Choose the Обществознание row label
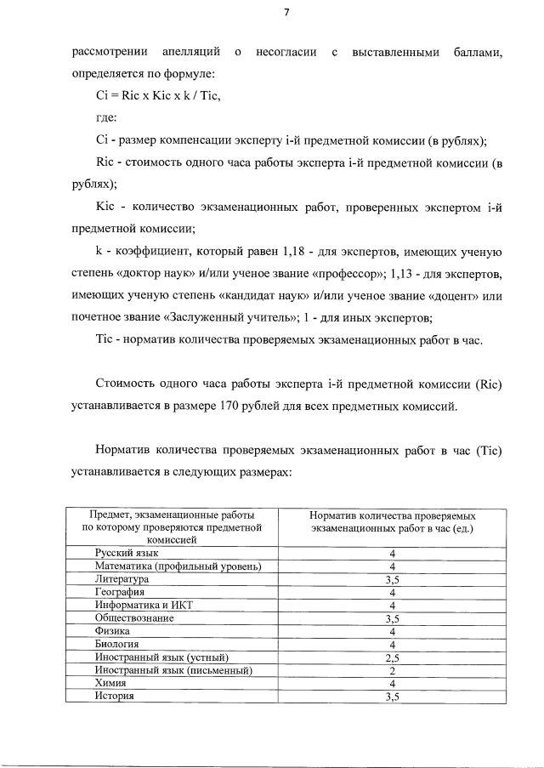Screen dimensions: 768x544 (134, 618)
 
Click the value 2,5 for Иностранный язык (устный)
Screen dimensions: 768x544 (392, 657)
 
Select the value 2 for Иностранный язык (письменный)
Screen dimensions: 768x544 (392, 670)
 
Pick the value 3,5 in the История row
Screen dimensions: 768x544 (392, 696)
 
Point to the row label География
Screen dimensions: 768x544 (120, 592)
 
